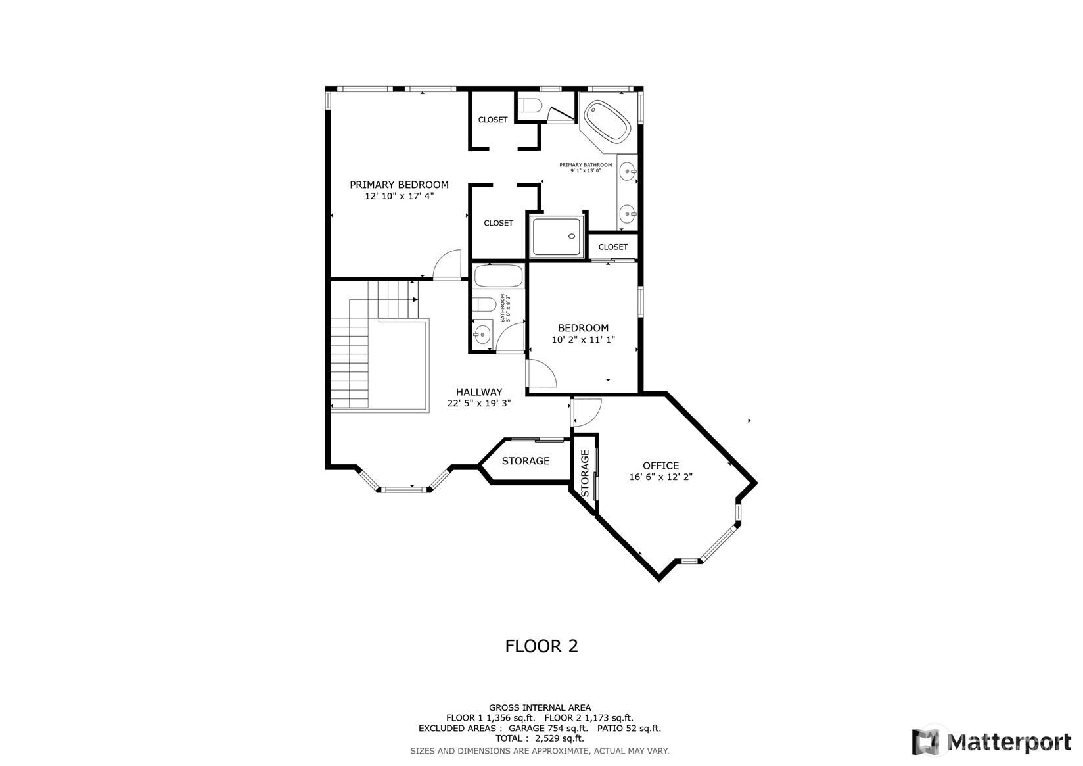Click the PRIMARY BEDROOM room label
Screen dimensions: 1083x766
[399, 184]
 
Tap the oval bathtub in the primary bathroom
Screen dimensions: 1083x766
[607, 122]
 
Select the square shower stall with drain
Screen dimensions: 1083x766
[557, 237]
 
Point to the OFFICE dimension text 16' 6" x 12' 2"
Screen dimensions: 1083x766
[660, 477]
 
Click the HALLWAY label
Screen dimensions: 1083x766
[479, 392]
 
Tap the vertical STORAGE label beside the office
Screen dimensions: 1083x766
[584, 473]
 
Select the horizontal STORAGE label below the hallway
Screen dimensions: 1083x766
[526, 461]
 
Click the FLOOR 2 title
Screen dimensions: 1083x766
[541, 646]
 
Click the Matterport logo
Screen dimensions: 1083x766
[992, 742]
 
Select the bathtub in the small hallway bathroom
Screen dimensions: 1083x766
[499, 275]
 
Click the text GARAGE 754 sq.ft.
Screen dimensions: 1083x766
[548, 729]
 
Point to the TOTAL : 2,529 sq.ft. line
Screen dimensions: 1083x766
[540, 739]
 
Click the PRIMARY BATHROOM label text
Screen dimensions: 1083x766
[586, 164]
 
